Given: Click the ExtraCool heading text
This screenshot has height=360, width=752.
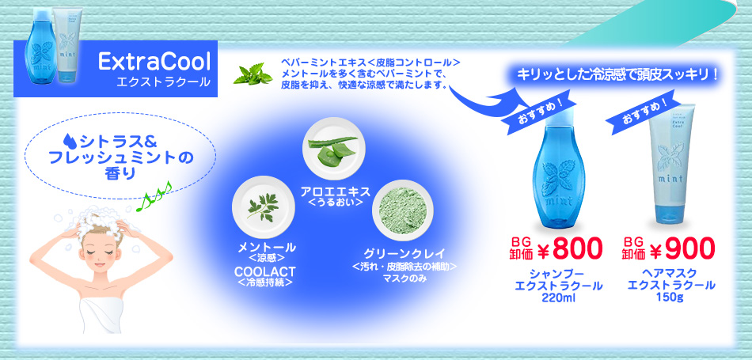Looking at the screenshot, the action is coord(154,62).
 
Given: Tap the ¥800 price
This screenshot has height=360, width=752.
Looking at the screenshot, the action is coord(569,249).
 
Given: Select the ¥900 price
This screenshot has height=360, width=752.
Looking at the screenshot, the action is coord(682,249).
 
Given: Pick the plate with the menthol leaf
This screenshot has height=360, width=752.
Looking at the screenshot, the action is coord(264,207).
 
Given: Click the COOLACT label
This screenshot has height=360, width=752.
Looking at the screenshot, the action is coord(265,271).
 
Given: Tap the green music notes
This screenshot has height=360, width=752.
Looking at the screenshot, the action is coord(154,195).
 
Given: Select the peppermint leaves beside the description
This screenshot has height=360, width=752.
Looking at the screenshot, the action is coord(253,74).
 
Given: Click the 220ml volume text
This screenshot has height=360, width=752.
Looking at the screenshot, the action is coord(558,297).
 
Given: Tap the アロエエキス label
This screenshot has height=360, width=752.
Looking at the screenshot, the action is coord(336,191).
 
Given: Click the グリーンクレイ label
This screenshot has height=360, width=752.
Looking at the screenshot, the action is coord(404,253).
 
